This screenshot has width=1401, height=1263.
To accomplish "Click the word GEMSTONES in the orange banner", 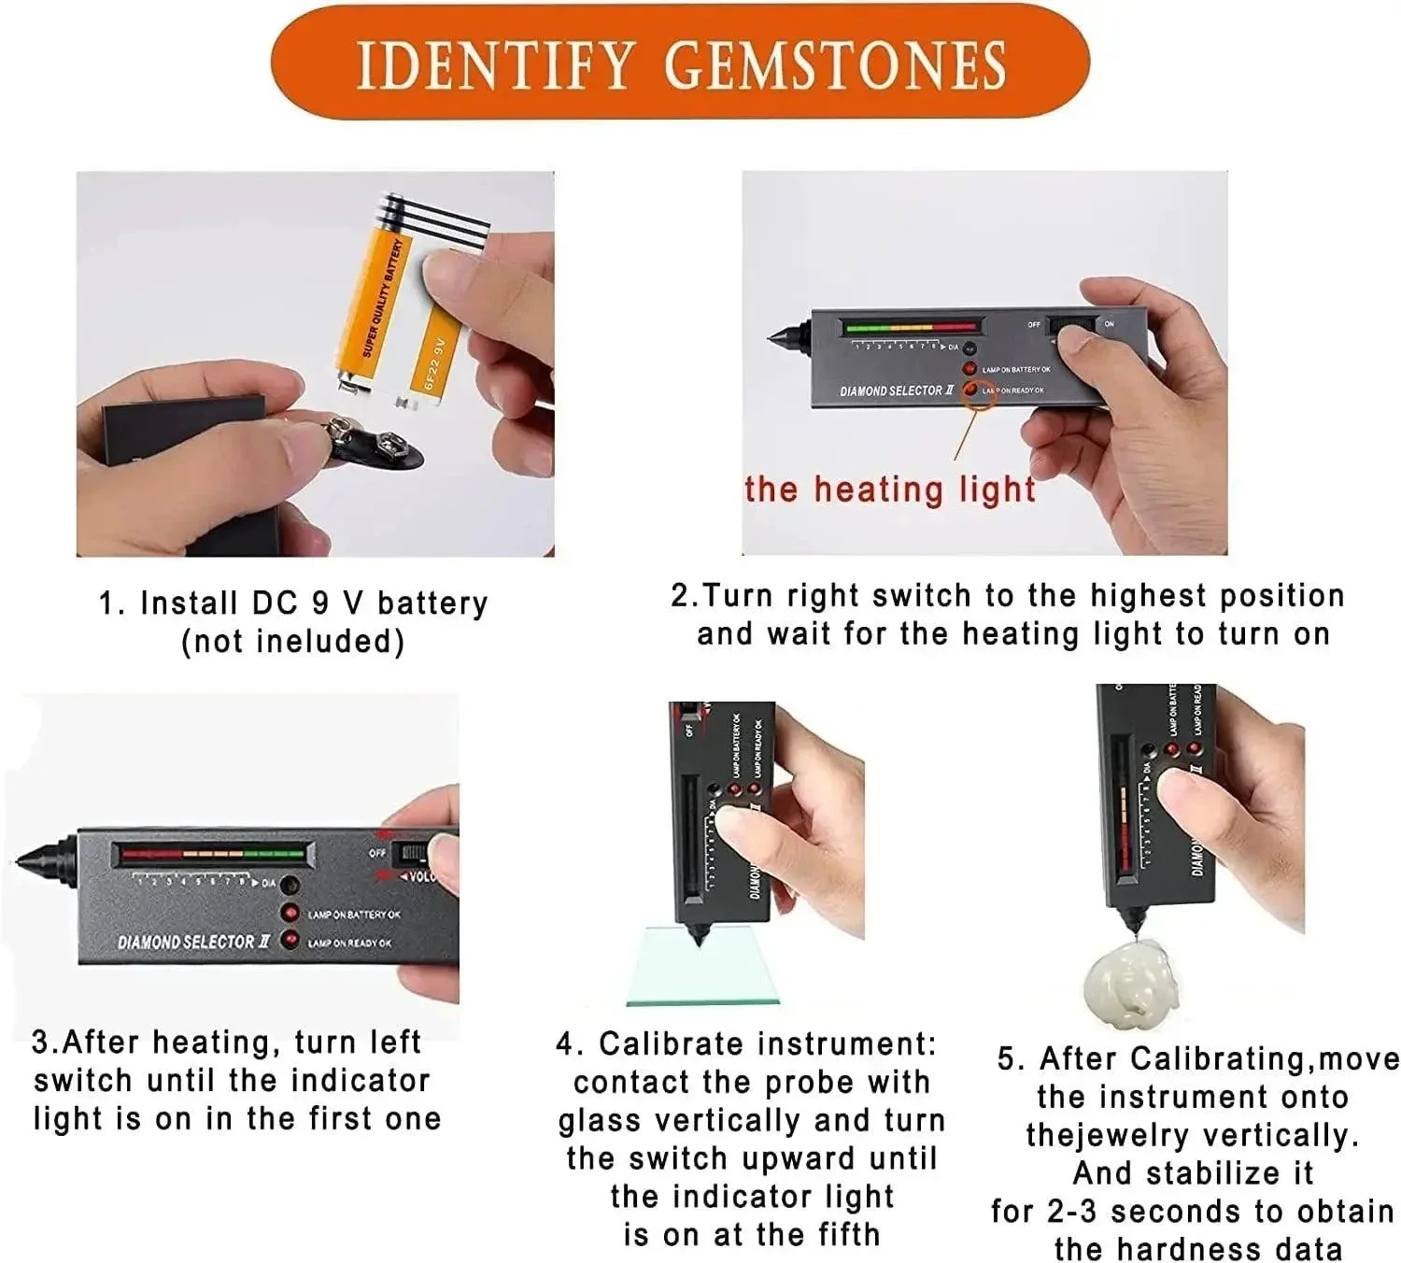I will pyautogui.click(x=835, y=64).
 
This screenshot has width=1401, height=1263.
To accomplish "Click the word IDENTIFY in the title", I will pyautogui.click(x=495, y=64).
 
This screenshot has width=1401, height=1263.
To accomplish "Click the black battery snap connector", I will pyautogui.click(x=374, y=445).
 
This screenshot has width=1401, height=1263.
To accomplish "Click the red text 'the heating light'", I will pyautogui.click(x=890, y=490).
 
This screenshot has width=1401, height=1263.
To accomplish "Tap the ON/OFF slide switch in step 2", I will pyautogui.click(x=1072, y=326).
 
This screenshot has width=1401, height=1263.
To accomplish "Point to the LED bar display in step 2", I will pyautogui.click(x=911, y=328).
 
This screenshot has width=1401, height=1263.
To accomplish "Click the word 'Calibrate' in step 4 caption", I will pyautogui.click(x=673, y=1043).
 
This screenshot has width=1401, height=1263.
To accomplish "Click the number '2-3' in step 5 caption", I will pyautogui.click(x=1072, y=1211).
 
